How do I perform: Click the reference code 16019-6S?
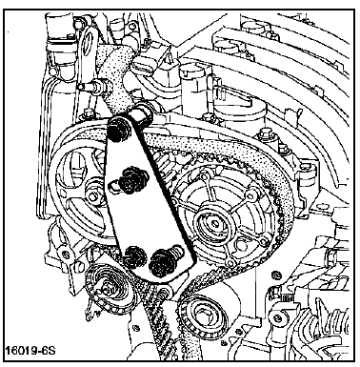(x=30, y=351)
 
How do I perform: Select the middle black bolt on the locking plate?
(x=130, y=180)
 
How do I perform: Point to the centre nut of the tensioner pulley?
(x=106, y=291)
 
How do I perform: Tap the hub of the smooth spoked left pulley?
(x=93, y=196)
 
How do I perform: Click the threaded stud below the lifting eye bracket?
(x=94, y=86)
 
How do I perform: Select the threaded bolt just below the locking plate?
(x=164, y=290)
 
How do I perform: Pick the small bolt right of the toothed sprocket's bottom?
(x=275, y=274)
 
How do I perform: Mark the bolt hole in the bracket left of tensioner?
(x=66, y=255)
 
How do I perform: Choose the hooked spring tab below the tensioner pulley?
(x=90, y=315)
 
